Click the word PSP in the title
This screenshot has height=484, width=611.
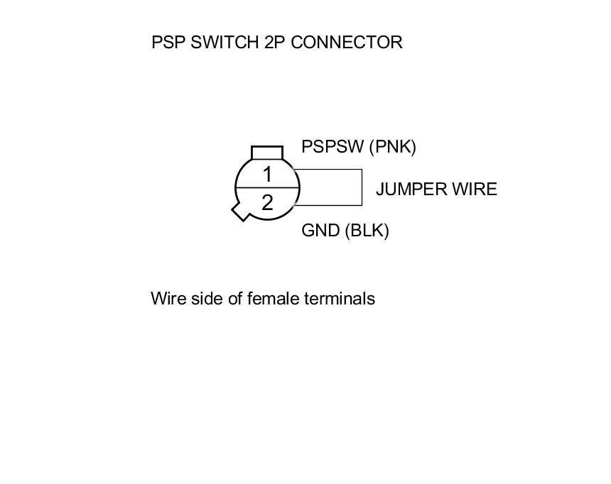pos(168,43)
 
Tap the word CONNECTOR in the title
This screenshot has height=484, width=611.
pos(347,43)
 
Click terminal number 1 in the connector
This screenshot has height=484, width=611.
pos(267,174)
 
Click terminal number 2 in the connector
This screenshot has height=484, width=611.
pos(267,203)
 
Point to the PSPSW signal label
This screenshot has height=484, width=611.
pos(332,147)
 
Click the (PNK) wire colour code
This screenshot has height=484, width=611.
pos(393,147)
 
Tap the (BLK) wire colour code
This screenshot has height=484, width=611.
pos(367,231)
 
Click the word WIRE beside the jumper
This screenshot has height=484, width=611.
pos(475,189)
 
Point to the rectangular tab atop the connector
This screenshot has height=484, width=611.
pos(267,152)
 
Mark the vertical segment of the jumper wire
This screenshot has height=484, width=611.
pos(362,187)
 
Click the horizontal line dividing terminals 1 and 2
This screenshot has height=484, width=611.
pos(267,187)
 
